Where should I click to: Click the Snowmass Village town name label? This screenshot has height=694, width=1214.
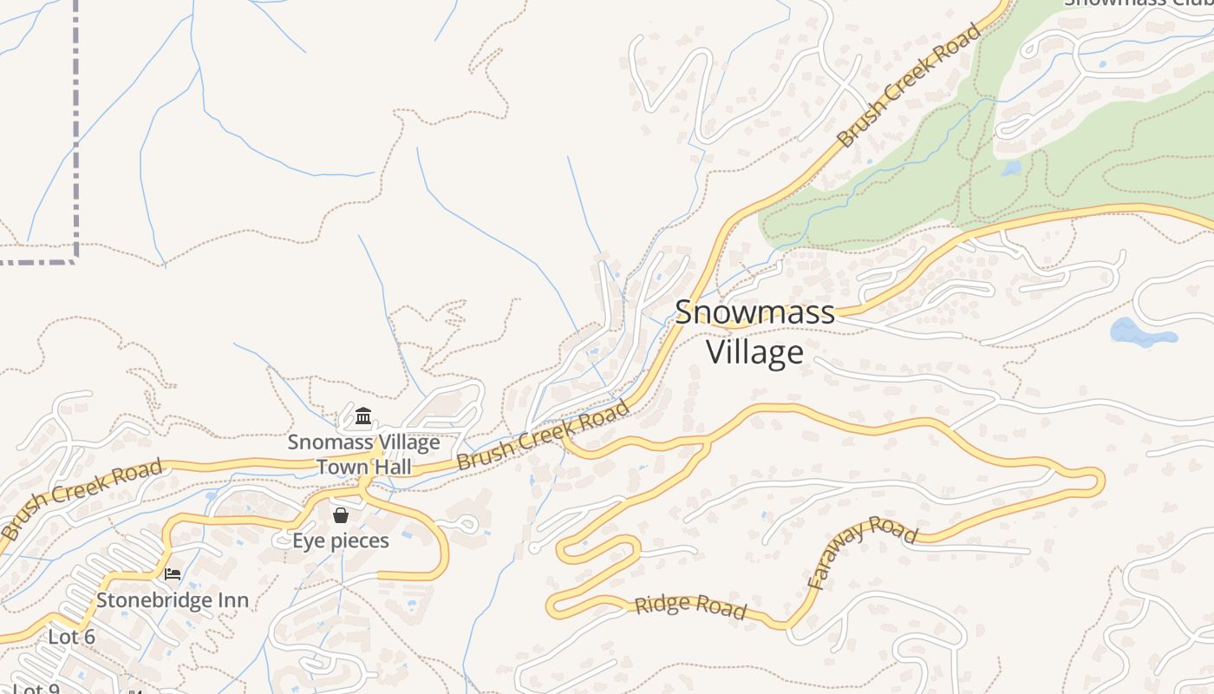[754, 332]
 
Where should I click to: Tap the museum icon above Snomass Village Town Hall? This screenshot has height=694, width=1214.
[363, 416]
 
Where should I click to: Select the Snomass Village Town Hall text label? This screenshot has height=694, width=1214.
[364, 455]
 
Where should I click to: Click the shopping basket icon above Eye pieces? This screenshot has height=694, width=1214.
[341, 515]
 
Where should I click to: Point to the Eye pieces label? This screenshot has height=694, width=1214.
[341, 541]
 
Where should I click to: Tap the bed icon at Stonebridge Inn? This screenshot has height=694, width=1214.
[173, 573]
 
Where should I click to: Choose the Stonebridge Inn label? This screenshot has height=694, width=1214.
[173, 600]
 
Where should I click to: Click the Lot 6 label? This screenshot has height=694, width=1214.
[71, 637]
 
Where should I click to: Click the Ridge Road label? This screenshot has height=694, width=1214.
[690, 606]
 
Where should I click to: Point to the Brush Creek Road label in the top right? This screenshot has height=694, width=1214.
[910, 85]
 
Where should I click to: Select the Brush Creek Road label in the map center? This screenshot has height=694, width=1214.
[543, 435]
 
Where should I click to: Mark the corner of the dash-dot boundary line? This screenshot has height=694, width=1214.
[76, 257]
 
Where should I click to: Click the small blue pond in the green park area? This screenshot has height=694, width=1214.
[1011, 168]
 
